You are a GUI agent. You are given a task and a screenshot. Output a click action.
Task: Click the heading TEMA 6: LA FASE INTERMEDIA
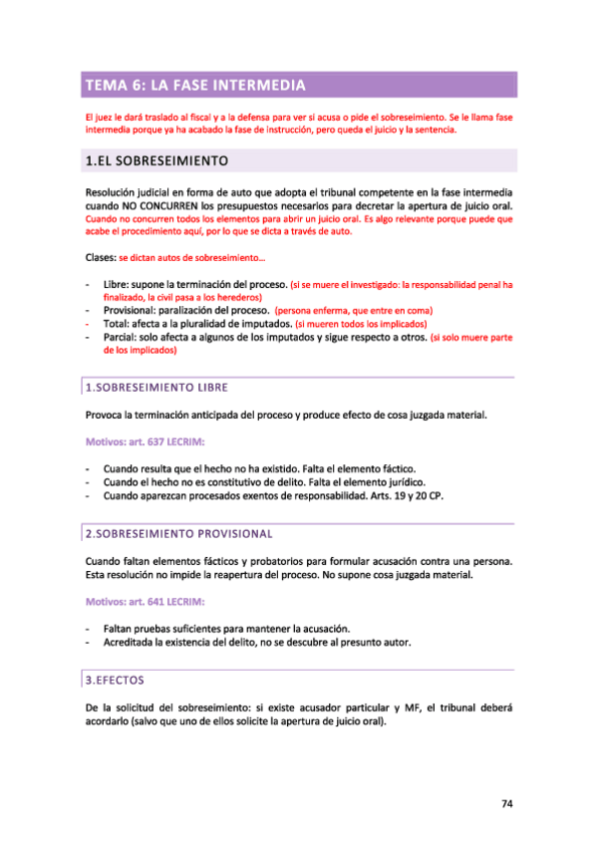tap(193, 85)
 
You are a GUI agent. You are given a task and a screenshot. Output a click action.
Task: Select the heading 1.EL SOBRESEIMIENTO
tap(158, 159)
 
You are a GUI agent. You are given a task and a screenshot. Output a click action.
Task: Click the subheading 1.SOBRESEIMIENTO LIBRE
tap(157, 386)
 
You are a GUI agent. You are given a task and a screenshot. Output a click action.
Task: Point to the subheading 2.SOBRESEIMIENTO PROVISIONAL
tap(178, 534)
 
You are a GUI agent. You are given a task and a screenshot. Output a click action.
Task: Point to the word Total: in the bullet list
tap(118, 324)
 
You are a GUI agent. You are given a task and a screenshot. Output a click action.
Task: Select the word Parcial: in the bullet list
tap(123, 338)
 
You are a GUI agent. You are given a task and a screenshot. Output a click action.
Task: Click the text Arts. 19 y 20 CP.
tap(406, 495)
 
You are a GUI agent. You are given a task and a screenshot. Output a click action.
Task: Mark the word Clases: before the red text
tap(101, 258)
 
